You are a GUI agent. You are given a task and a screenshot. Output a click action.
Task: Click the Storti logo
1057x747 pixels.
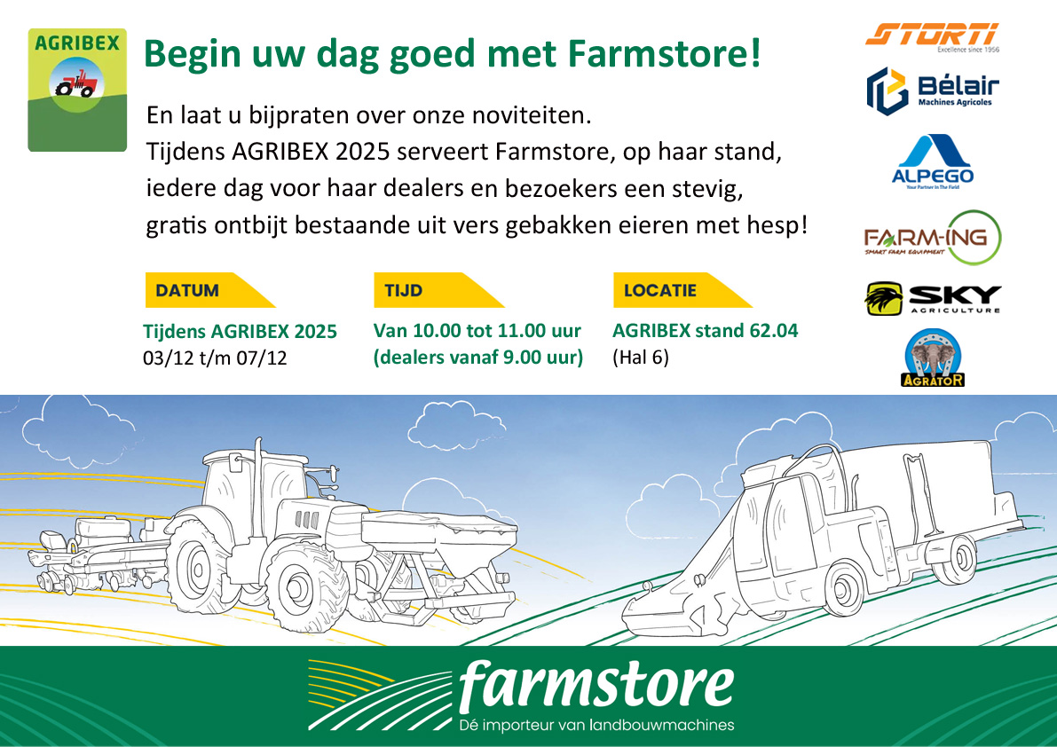(932, 37)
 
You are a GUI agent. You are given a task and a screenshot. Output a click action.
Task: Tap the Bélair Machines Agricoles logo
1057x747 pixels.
(932, 90)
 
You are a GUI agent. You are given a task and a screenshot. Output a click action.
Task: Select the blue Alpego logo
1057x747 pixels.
(932, 161)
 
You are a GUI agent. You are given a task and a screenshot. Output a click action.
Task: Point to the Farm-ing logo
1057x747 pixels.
(932, 238)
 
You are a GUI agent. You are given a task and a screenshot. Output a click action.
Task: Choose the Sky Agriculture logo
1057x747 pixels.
(932, 299)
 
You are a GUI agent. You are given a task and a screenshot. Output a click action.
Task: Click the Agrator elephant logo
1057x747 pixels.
(932, 358)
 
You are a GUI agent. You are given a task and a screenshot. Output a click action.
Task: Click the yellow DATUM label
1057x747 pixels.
(209, 290)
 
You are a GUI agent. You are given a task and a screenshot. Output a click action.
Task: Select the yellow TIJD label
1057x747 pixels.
(438, 290)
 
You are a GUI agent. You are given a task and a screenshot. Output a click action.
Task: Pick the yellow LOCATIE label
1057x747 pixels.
(682, 290)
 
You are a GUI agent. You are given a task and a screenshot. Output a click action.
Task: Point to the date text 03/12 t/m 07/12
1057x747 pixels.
(215, 358)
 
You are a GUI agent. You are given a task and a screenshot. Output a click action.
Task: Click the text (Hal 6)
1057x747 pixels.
(641, 357)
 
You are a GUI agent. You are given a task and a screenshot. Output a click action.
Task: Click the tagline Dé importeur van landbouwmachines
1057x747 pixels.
(596, 726)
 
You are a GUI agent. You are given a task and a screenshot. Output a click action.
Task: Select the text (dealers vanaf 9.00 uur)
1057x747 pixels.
(478, 357)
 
